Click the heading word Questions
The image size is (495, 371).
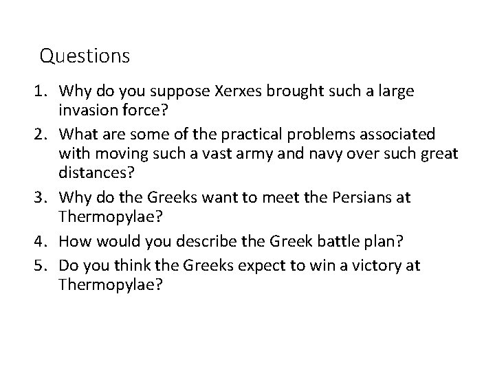(x=85, y=55)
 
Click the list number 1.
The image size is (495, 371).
(x=43, y=90)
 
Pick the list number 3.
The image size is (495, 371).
(x=43, y=197)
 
